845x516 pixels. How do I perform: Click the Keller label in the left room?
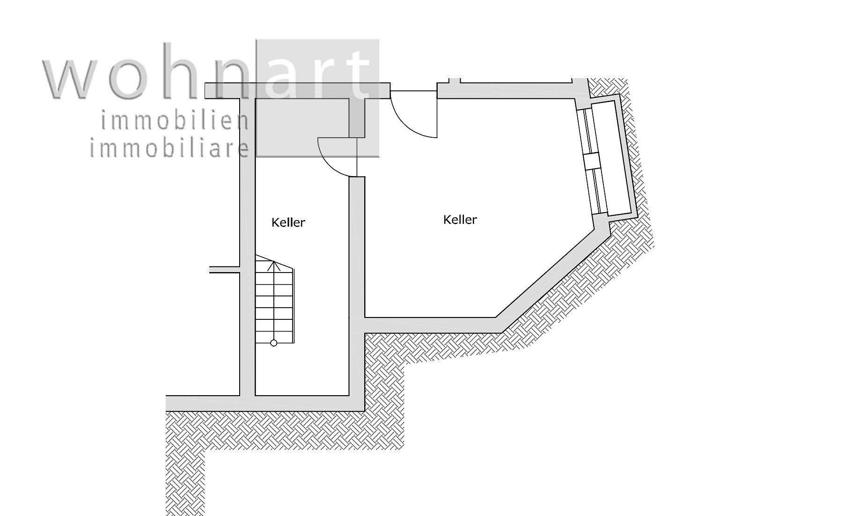pyautogui.click(x=288, y=222)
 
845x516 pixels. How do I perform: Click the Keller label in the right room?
pyautogui.click(x=460, y=220)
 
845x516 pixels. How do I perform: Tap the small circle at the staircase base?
pyautogui.click(x=274, y=343)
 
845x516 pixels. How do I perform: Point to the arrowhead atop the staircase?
pyautogui.click(x=274, y=265)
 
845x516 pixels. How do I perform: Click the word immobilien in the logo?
pyautogui.click(x=175, y=121)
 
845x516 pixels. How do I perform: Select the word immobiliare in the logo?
pyautogui.click(x=169, y=148)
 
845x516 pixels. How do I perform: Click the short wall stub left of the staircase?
pyautogui.click(x=224, y=269)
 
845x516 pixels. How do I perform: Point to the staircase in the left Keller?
pyautogui.click(x=274, y=300)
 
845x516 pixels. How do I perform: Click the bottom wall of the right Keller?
pyautogui.click(x=431, y=325)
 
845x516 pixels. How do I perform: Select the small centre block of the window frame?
pyautogui.click(x=592, y=161)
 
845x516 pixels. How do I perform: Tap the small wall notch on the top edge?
pyautogui.click(x=455, y=81)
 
